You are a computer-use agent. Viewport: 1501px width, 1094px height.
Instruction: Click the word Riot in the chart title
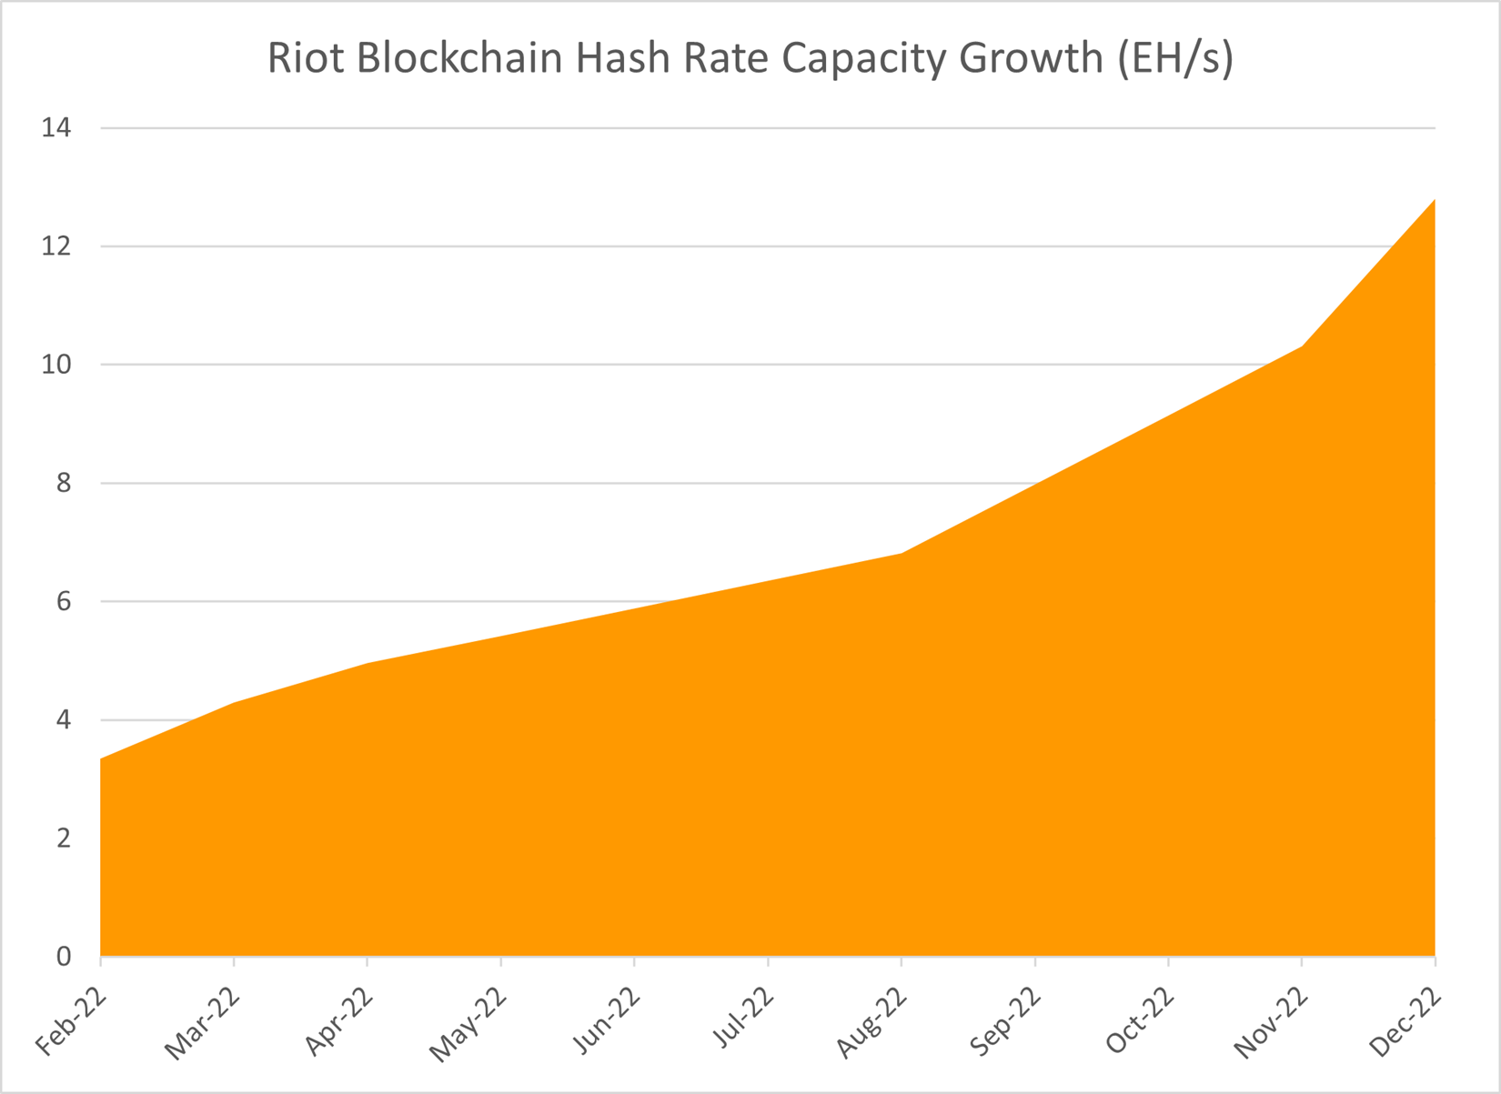point(304,58)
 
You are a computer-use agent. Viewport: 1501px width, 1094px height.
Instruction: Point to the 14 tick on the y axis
point(55,128)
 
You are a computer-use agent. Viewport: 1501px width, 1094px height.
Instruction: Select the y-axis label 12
point(55,246)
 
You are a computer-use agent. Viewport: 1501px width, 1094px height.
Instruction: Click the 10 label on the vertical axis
point(55,365)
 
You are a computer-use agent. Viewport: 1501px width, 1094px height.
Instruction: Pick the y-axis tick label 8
point(63,483)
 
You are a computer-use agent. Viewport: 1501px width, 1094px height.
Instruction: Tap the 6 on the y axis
point(63,601)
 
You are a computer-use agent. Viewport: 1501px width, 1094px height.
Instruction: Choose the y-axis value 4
point(63,719)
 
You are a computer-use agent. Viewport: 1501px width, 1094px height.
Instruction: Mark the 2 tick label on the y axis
point(63,838)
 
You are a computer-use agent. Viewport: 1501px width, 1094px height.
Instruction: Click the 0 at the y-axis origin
point(63,956)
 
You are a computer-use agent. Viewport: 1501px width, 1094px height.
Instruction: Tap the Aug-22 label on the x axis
point(872,1023)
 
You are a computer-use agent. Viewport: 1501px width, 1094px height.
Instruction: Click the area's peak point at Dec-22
point(1434,200)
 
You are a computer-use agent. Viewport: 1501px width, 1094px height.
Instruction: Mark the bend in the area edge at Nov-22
point(1302,346)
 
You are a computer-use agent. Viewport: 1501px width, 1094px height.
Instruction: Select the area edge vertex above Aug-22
point(901,553)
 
